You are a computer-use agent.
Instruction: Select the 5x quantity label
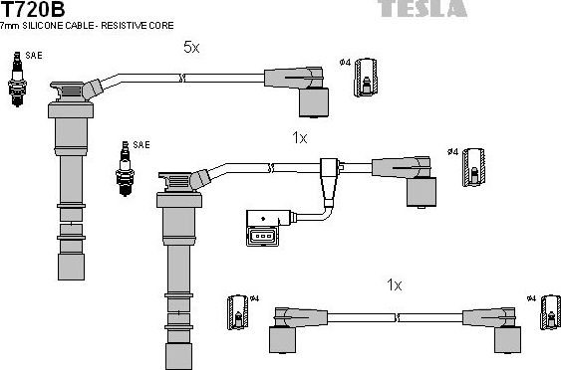[x=190, y=47]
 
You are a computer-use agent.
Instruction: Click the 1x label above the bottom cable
[x=395, y=285]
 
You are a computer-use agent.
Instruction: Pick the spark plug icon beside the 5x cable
[x=16, y=81]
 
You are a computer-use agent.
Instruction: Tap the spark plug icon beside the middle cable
[x=125, y=167]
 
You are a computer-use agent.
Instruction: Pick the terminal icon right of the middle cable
[x=474, y=165]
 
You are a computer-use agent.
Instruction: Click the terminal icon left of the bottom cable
[x=237, y=311]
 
